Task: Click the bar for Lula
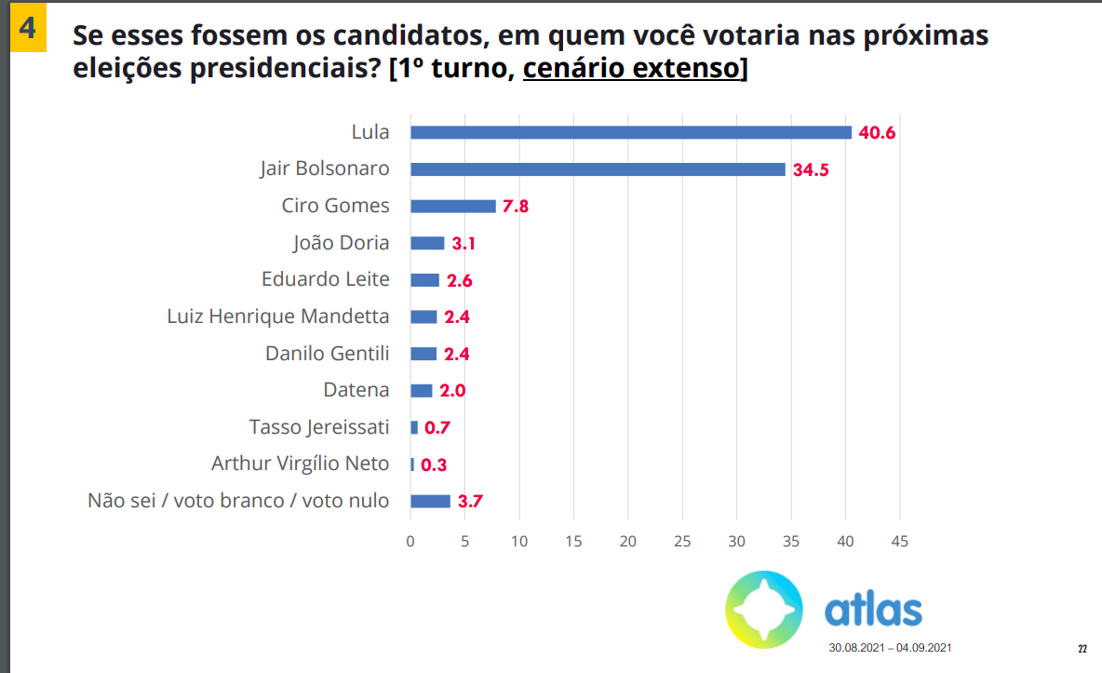[631, 132]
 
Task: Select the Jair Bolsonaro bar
[598, 169]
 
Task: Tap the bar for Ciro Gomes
[452, 206]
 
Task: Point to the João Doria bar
[427, 243]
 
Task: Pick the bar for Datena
[422, 391]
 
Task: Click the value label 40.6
[877, 132]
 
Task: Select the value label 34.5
[811, 169]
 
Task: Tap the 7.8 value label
[516, 207]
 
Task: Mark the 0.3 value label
[434, 464]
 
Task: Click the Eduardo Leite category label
[326, 279]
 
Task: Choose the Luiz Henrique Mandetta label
[278, 316]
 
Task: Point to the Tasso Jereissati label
[319, 427]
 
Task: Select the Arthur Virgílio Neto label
[300, 464]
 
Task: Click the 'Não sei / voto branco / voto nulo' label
[238, 501]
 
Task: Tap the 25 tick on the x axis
[682, 541]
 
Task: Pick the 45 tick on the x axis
[899, 541]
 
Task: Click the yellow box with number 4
[27, 28]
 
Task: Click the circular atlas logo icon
[764, 610]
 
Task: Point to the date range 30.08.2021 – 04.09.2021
[891, 648]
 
